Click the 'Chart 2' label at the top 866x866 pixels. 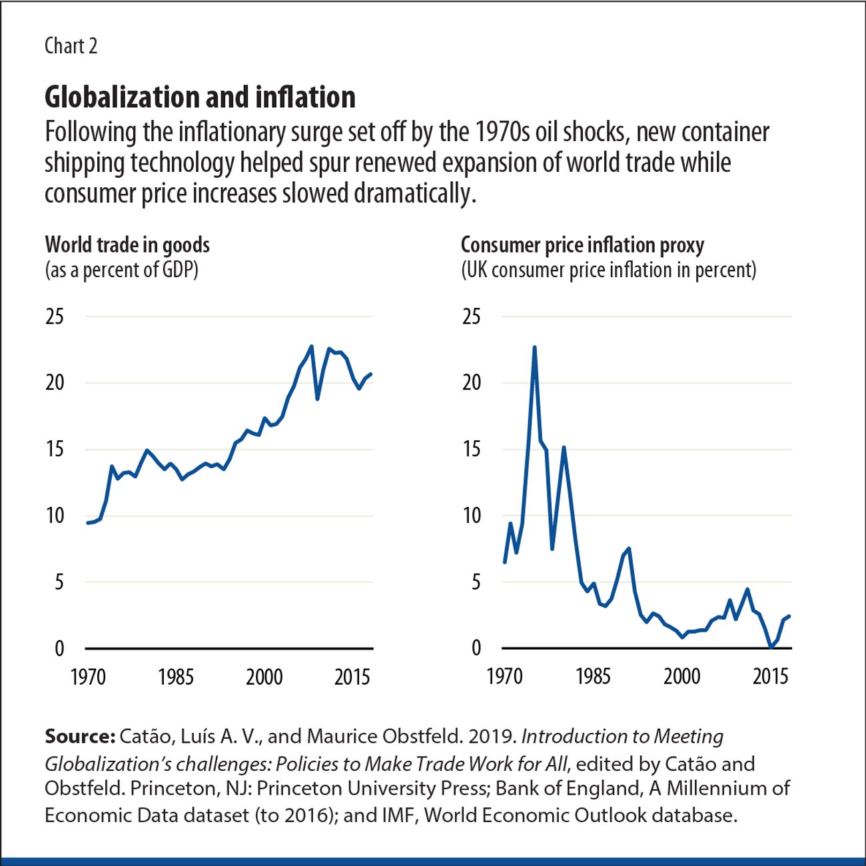click(x=71, y=46)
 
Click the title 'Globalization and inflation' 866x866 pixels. click(x=200, y=97)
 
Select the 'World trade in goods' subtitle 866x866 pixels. click(x=127, y=245)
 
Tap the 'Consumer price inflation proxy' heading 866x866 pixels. click(x=582, y=245)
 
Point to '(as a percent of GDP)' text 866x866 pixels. click(x=121, y=270)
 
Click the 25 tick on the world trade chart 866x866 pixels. click(x=55, y=316)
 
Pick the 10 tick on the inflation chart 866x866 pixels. click(x=472, y=516)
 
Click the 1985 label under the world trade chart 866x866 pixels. click(x=176, y=677)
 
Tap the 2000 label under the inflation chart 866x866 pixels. click(x=681, y=677)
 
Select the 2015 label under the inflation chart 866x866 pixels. click(x=771, y=677)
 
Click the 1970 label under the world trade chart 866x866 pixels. click(x=88, y=677)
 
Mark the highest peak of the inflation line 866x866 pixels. click(x=534, y=347)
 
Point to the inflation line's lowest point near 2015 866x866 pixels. click(x=771, y=646)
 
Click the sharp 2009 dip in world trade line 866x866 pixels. click(x=318, y=398)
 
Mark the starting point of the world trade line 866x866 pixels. click(x=88, y=523)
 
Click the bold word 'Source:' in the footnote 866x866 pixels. click(x=80, y=737)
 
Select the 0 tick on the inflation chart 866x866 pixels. click(x=476, y=648)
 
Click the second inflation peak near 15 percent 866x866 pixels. click(x=564, y=448)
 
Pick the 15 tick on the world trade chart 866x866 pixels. click(x=55, y=450)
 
